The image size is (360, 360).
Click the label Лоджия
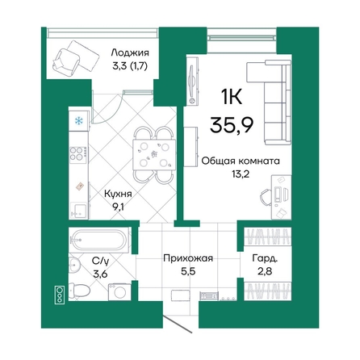point(129,54)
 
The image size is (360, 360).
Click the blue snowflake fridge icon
point(78,121)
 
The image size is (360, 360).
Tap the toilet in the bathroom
point(79,290)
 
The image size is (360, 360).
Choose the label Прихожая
point(187,258)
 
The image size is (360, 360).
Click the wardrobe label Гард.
point(264,258)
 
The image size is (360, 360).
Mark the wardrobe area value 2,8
point(264,272)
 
